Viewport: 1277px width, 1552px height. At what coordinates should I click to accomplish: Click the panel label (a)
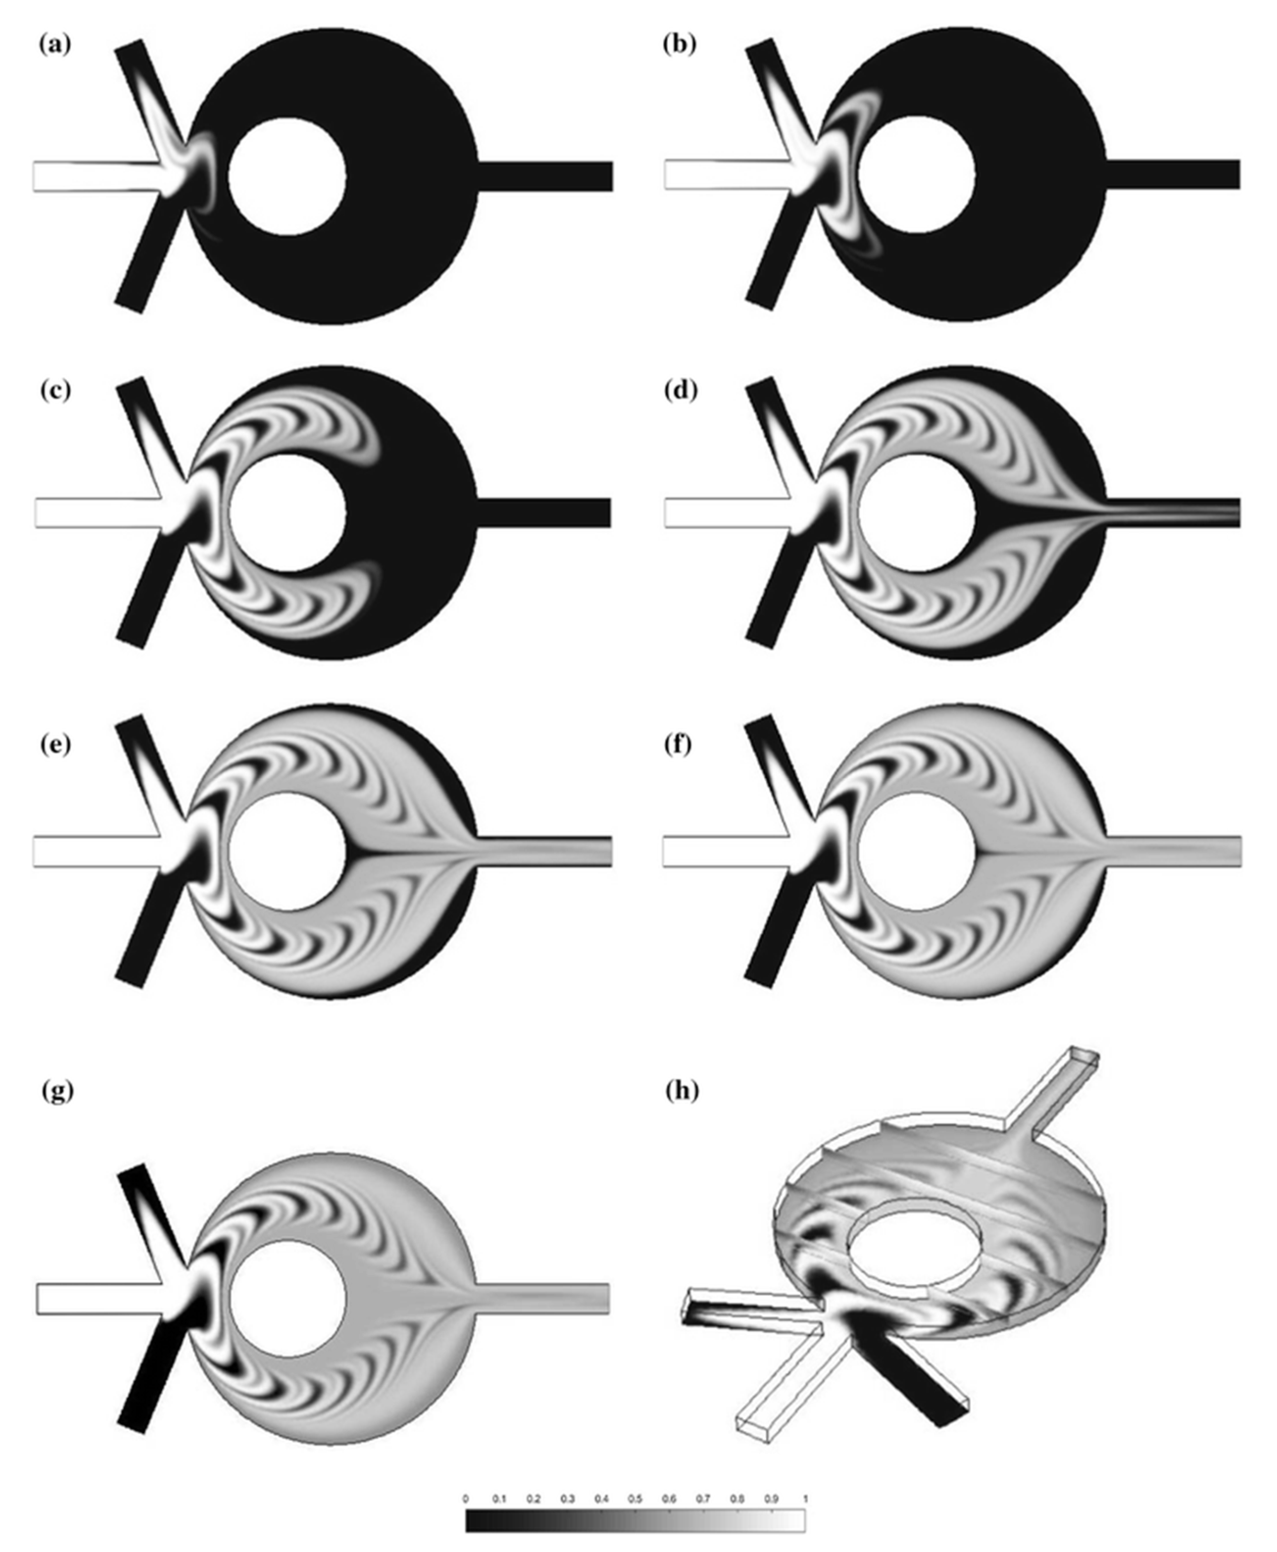[x=56, y=45]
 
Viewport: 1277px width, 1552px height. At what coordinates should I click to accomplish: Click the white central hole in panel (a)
[x=287, y=176]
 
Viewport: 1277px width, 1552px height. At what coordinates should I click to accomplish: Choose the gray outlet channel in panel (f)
[x=1173, y=851]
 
